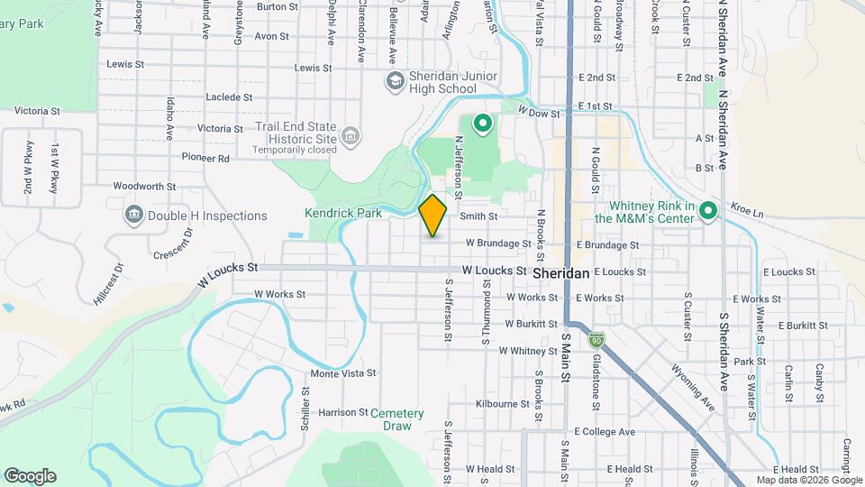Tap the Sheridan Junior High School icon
(x=395, y=82)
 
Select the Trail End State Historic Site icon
(x=351, y=137)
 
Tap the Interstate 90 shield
(x=596, y=340)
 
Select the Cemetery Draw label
(x=396, y=419)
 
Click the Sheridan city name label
(x=560, y=271)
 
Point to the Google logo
(x=30, y=476)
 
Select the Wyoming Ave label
(x=693, y=387)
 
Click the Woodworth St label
(x=144, y=186)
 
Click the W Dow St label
(x=540, y=111)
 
